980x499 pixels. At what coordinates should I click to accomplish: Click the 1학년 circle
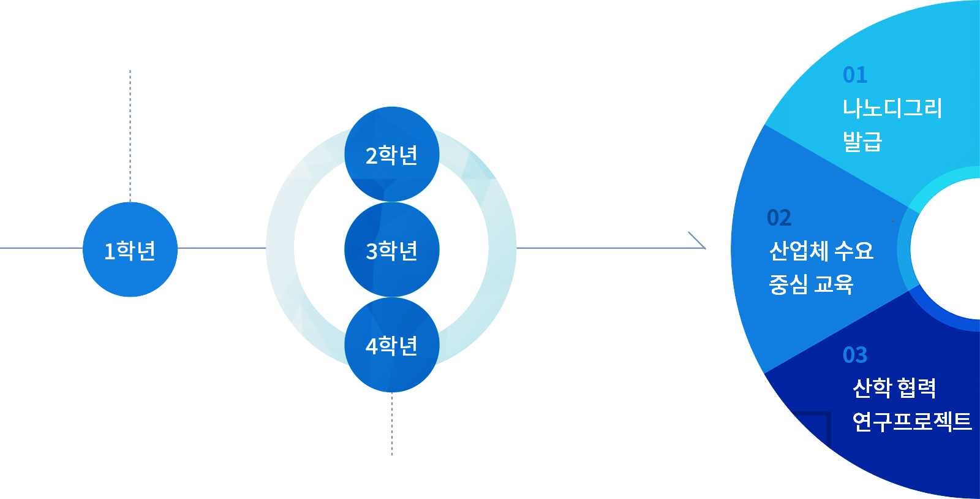[x=130, y=250]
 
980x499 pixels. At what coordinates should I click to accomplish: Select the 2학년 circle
[x=392, y=154]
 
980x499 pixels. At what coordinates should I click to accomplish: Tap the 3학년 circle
[x=392, y=250]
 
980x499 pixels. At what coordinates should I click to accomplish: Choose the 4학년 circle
[x=392, y=345]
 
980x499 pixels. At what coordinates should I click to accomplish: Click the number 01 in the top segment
[x=855, y=75]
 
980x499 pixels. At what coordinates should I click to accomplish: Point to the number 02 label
[x=779, y=218]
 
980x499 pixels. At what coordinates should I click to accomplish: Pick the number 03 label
[x=855, y=355]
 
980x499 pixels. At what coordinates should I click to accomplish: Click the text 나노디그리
[x=892, y=109]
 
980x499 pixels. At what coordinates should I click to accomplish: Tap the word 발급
[x=862, y=142]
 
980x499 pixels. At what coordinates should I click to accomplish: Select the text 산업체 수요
[x=821, y=251]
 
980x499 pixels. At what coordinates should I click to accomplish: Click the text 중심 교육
[x=811, y=284]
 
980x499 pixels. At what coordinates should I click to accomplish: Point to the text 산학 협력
[x=894, y=387]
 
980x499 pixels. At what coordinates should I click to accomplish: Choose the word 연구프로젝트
[x=911, y=421]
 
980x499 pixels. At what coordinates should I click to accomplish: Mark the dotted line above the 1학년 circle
[x=130, y=135]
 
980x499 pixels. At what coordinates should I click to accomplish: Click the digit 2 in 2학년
[x=371, y=156]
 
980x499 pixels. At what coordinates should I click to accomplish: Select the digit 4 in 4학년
[x=371, y=346]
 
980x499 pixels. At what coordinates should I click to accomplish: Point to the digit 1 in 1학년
[x=109, y=251]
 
